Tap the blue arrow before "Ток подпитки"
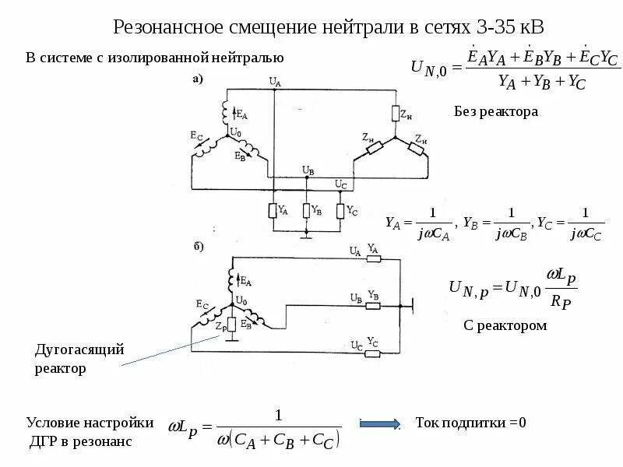point(379,423)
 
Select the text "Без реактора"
point(496,112)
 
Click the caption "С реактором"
point(505,325)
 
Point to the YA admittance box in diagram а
point(273,210)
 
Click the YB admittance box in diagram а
point(307,210)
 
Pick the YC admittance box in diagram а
point(340,210)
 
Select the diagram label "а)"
point(198,78)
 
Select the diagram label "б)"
point(198,248)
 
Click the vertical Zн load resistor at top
point(396,114)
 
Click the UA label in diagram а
point(274,81)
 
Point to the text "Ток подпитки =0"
point(470,423)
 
